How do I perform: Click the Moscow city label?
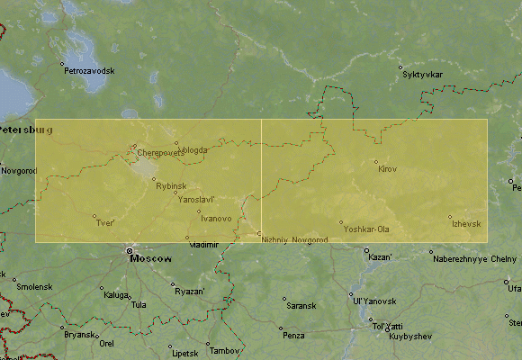151,258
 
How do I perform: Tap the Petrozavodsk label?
89,70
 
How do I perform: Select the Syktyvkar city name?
424,74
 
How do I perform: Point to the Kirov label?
387,169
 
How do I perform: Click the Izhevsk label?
466,223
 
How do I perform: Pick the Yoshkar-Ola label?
366,229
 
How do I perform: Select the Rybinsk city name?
171,185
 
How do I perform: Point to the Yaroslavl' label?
196,199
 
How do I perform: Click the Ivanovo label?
216,219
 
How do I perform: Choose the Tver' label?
105,223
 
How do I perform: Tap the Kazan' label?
381,257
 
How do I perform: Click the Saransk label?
301,306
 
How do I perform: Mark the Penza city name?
293,336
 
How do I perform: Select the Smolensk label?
34,286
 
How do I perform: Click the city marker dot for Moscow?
130,251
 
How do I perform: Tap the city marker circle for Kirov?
376,162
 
